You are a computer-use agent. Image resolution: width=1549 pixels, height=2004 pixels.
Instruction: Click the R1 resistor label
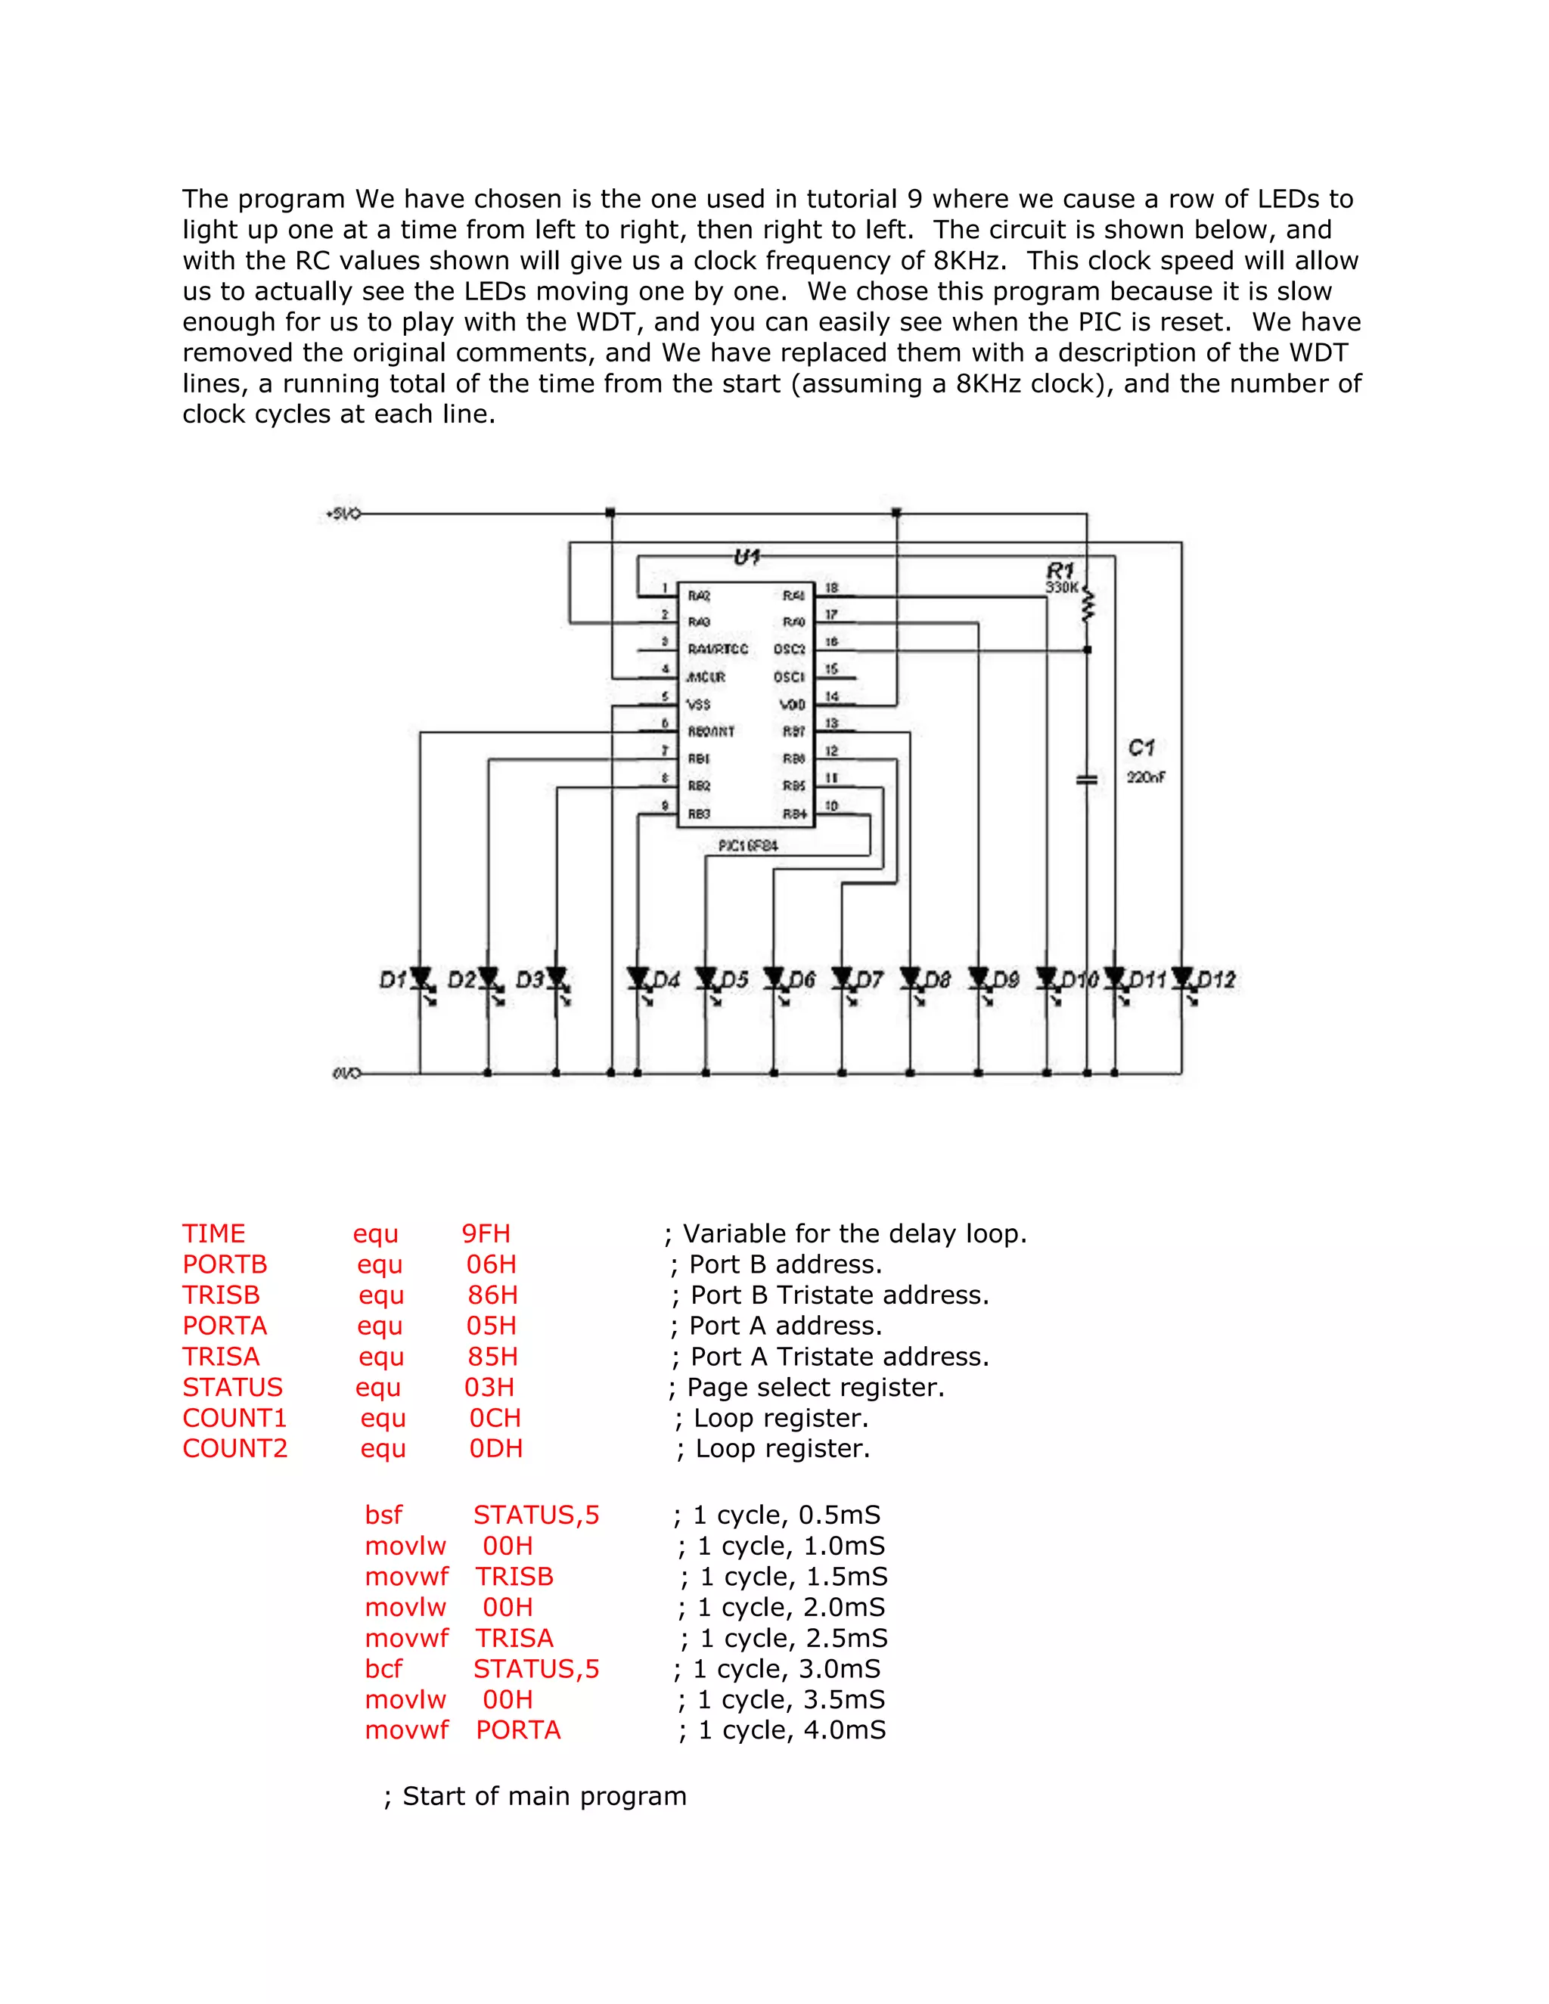tap(1060, 570)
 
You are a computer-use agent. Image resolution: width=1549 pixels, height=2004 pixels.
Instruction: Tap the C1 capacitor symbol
tap(1087, 779)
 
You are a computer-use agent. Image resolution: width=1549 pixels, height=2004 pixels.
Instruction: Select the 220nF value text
tap(1146, 777)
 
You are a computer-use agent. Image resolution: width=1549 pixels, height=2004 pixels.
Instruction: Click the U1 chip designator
tap(747, 557)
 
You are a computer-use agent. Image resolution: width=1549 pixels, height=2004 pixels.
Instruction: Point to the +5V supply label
tap(343, 513)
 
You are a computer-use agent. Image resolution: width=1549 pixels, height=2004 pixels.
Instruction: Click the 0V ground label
tap(346, 1072)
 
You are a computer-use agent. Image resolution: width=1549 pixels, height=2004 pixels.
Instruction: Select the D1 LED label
tap(393, 980)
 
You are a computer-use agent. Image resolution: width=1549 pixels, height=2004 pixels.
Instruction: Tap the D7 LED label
tap(868, 980)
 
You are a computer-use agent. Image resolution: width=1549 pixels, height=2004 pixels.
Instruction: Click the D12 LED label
tap(1216, 980)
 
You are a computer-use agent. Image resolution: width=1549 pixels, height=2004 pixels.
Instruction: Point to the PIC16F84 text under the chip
tap(748, 845)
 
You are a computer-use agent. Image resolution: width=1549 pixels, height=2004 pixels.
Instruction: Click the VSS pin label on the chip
tap(700, 704)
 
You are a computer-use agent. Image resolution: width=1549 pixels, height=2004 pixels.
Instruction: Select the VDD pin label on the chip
tap(792, 704)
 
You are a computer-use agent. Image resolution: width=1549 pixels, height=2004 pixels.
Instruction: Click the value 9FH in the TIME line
tap(486, 1233)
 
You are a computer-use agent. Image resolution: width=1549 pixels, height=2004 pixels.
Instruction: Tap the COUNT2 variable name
tap(235, 1448)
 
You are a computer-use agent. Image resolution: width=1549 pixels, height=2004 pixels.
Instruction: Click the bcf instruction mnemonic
tap(383, 1668)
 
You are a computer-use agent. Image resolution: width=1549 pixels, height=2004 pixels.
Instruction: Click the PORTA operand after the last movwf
tap(517, 1729)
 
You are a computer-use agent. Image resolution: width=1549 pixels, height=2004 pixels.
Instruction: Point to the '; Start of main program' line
tap(535, 1796)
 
